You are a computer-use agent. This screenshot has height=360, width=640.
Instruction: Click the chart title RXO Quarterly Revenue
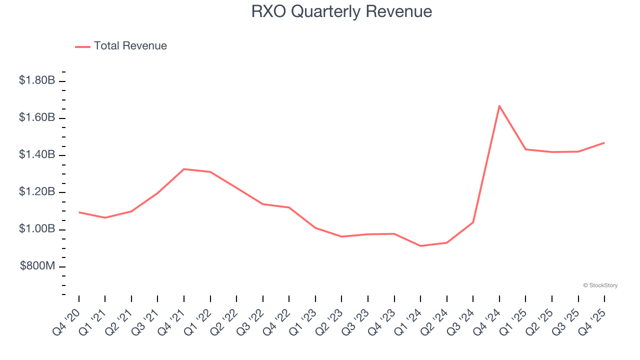(x=341, y=11)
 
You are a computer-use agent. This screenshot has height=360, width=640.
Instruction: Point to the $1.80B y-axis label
(x=37, y=80)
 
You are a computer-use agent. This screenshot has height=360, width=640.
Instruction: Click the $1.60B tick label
(x=37, y=117)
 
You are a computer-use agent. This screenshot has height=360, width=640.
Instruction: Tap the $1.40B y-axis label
(x=37, y=154)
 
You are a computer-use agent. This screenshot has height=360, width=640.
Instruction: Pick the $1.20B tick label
(x=37, y=192)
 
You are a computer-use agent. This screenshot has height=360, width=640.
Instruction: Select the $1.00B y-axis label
(x=37, y=229)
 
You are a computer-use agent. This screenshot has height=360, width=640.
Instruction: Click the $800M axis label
(x=37, y=266)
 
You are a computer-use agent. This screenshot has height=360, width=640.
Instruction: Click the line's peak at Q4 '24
(x=499, y=105)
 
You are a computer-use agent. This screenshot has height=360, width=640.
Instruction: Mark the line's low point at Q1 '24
(x=420, y=246)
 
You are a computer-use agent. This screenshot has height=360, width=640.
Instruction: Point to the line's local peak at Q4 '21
(x=184, y=169)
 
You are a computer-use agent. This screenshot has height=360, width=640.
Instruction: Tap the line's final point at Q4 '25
(x=604, y=142)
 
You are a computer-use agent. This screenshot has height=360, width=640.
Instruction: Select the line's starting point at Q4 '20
(x=79, y=212)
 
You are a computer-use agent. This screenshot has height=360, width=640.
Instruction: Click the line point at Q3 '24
(x=473, y=222)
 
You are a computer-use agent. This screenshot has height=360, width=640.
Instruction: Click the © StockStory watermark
(x=600, y=285)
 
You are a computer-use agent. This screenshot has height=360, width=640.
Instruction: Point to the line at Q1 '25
(x=525, y=149)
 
